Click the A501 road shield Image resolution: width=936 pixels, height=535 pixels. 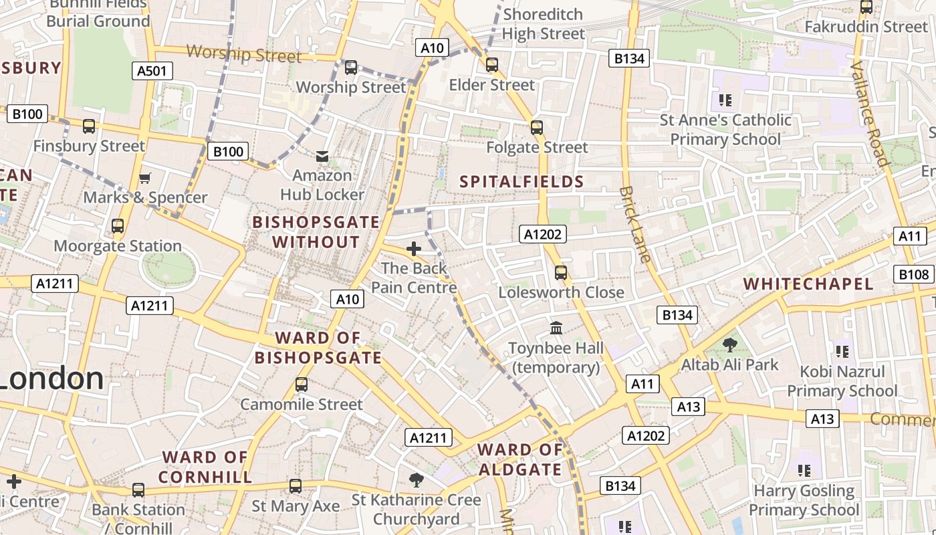pyautogui.click(x=152, y=71)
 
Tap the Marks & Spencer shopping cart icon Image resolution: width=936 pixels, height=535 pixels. pyautogui.click(x=144, y=178)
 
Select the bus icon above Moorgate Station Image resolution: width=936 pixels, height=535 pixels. pyautogui.click(x=118, y=226)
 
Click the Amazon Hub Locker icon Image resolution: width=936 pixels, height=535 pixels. pyautogui.click(x=322, y=156)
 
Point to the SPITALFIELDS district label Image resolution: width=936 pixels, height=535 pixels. pyautogui.click(x=522, y=181)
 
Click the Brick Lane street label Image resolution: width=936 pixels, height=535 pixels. pyautogui.click(x=635, y=224)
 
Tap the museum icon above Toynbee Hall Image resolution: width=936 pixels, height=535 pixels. pyautogui.click(x=556, y=328)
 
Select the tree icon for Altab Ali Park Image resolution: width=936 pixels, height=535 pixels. pyautogui.click(x=729, y=345)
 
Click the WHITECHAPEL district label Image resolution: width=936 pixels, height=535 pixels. pyautogui.click(x=808, y=284)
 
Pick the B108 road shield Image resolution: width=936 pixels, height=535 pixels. pyautogui.click(x=913, y=274)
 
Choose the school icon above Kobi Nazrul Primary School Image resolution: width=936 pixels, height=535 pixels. pyautogui.click(x=842, y=351)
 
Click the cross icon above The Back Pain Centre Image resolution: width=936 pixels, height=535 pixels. pyautogui.click(x=414, y=249)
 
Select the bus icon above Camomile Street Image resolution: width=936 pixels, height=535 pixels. pyautogui.click(x=302, y=385)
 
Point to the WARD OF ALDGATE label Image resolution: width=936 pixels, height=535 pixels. pyautogui.click(x=520, y=459)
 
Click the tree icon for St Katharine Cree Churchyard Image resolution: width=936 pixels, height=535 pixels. pyautogui.click(x=417, y=479)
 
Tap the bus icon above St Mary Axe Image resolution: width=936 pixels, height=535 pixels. pyautogui.click(x=296, y=486)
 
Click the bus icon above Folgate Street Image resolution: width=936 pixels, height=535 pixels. pyautogui.click(x=536, y=127)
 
